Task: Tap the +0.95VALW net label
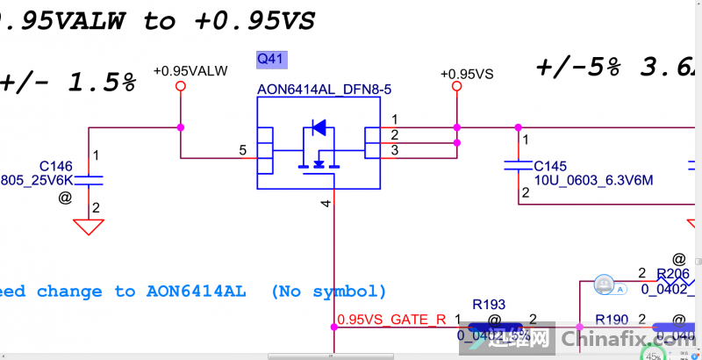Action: pyautogui.click(x=190, y=70)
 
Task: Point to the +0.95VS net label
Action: pyautogui.click(x=467, y=74)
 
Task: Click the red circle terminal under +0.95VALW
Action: pyautogui.click(x=181, y=86)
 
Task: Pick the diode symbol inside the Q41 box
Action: pyautogui.click(x=319, y=128)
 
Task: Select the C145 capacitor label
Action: pyautogui.click(x=550, y=166)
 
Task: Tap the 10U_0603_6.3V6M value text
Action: pyautogui.click(x=593, y=180)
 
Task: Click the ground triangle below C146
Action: pyautogui.click(x=86, y=227)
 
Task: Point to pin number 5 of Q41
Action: pyautogui.click(x=242, y=150)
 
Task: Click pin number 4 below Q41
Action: pyautogui.click(x=326, y=204)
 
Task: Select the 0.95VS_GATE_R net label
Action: pyautogui.click(x=391, y=319)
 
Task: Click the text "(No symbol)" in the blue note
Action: pyautogui.click(x=328, y=291)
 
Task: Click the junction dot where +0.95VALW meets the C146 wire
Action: pyautogui.click(x=181, y=127)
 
